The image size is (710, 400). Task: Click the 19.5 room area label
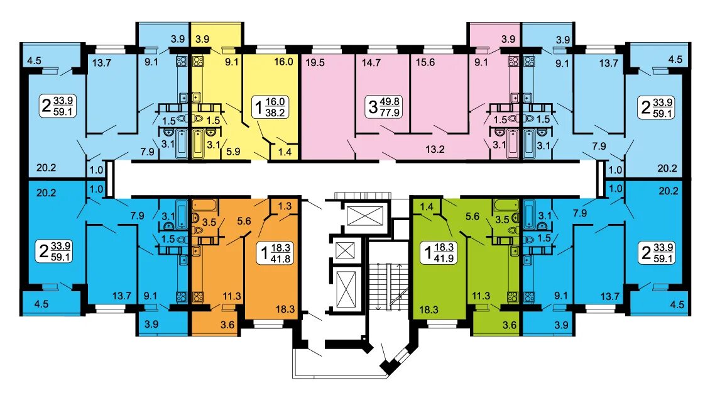tap(315, 62)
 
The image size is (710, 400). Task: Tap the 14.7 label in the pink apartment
tap(371, 62)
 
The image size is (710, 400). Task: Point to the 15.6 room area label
tap(425, 62)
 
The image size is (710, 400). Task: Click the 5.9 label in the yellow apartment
tap(233, 152)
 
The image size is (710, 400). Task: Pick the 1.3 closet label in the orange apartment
tap(285, 206)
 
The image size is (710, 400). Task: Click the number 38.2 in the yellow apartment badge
tap(275, 113)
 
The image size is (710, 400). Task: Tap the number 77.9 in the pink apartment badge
tap(390, 113)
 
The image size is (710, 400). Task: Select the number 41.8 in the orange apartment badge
tap(281, 258)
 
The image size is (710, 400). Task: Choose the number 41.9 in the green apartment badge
tap(444, 258)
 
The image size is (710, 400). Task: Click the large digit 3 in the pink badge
tap(373, 108)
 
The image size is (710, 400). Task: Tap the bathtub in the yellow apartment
tap(198, 143)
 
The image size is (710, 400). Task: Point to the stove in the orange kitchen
tap(198, 297)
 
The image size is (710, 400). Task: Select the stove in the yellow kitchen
tap(198, 62)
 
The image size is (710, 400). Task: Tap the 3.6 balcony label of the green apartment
tap(510, 325)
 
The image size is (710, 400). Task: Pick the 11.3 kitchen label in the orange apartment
tap(232, 296)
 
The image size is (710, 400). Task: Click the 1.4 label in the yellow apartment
tap(285, 152)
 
